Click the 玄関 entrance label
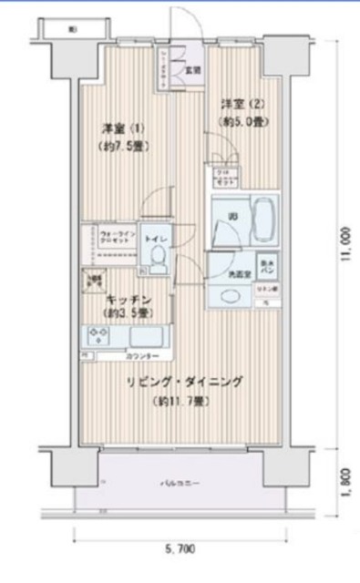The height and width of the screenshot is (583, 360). click(x=193, y=67)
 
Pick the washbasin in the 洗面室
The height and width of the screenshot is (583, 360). click(x=228, y=295)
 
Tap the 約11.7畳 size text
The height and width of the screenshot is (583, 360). click(x=184, y=401)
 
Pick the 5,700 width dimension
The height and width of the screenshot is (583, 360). click(x=180, y=550)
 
